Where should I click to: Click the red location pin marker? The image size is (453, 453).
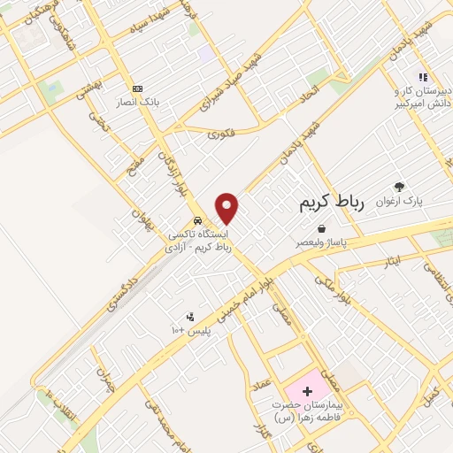227,208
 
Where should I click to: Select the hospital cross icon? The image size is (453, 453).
306,390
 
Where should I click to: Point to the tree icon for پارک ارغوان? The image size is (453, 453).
399,187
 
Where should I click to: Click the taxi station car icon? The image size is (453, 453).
196,221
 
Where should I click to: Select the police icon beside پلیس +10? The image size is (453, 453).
189,317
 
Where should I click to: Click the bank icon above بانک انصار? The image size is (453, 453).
137,88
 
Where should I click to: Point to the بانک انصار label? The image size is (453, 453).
140,102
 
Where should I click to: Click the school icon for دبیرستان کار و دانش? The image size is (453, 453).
422,77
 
